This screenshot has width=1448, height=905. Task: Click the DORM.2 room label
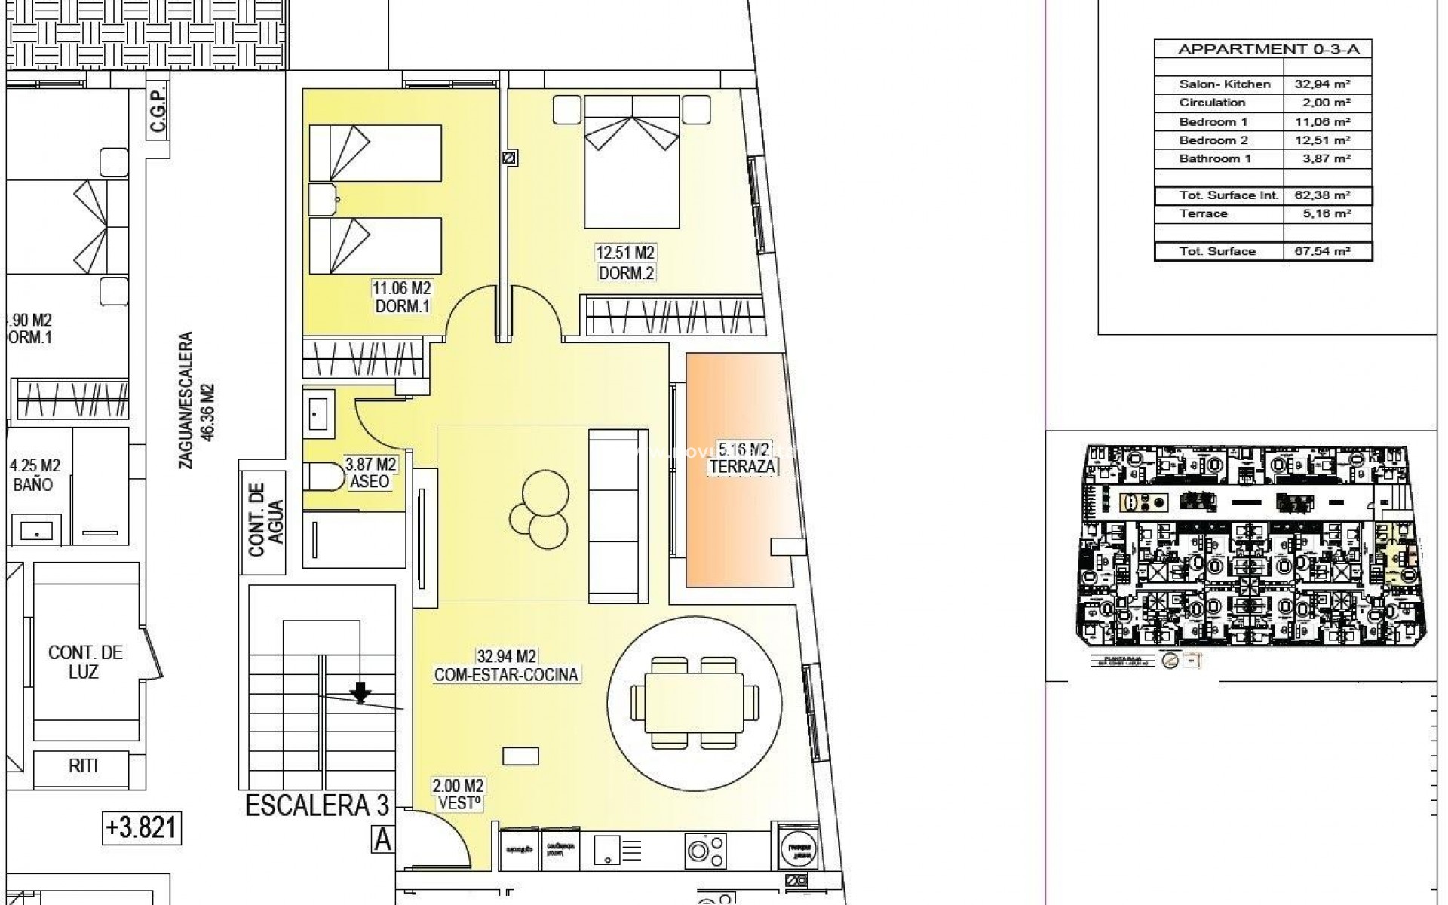626,274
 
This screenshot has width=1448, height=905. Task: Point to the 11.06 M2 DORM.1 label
401,297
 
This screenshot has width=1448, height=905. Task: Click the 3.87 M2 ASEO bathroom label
370,473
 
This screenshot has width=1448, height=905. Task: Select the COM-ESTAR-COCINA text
506,675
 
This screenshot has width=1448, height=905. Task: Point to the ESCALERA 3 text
317,806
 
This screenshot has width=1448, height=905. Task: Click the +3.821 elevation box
142,828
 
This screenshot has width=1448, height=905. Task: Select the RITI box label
83,766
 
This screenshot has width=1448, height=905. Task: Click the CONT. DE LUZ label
84,662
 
